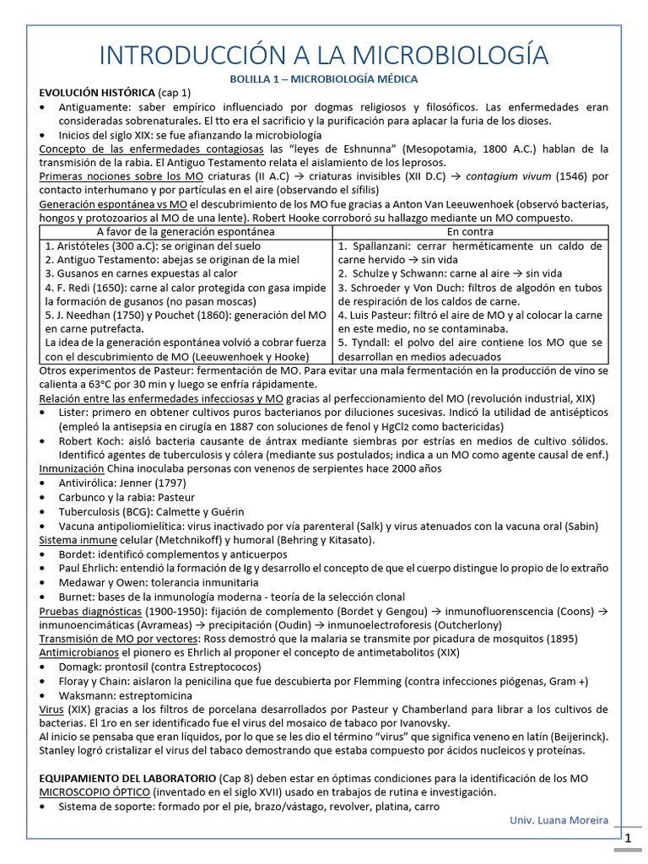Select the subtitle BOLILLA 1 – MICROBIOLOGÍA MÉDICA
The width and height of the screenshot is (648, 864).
324,78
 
